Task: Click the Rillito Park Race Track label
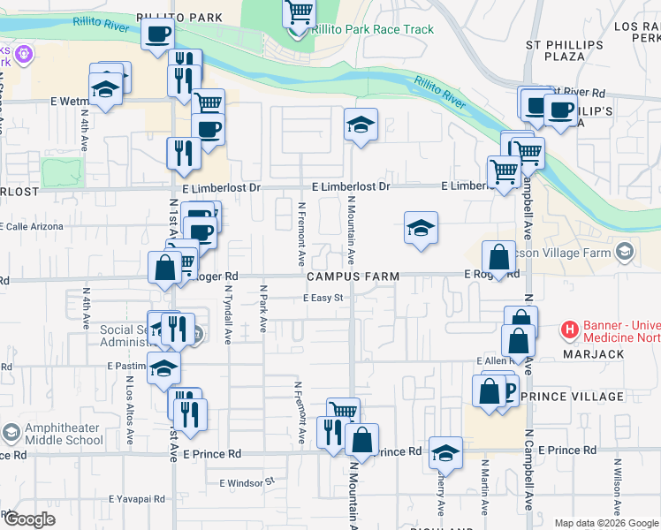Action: [373, 29]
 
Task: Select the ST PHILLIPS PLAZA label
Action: [555, 49]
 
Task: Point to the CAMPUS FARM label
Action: [353, 276]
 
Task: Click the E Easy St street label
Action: [323, 298]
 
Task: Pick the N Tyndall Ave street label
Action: [227, 314]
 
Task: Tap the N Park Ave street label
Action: [263, 308]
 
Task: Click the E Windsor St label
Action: [248, 483]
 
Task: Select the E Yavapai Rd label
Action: [137, 499]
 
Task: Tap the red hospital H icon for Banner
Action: [570, 331]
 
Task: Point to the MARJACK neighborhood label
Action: [593, 354]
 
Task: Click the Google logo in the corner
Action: [28, 519]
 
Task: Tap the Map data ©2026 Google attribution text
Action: [605, 523]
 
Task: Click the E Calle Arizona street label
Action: [34, 226]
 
